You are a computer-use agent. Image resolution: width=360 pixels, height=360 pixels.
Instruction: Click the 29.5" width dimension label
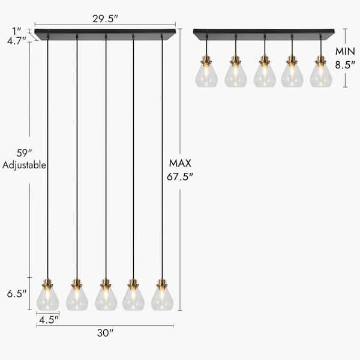click(104, 18)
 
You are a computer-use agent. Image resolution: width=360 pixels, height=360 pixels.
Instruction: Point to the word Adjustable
click(24, 165)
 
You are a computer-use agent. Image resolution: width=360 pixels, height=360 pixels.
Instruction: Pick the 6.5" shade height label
click(16, 294)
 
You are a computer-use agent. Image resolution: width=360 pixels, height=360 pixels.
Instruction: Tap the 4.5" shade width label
click(47, 320)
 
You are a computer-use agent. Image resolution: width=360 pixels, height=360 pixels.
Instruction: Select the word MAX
click(180, 163)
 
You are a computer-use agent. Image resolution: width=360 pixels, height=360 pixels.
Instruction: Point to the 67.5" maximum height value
click(180, 176)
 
